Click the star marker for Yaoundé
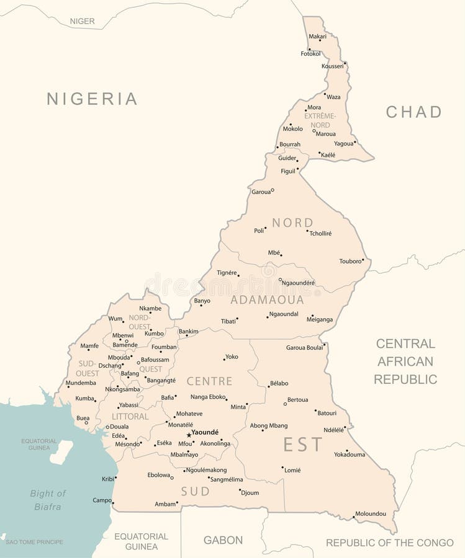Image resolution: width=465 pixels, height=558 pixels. tap(189, 435)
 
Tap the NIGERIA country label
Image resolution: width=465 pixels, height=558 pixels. tap(92, 99)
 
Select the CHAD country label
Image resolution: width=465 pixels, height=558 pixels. tap(413, 112)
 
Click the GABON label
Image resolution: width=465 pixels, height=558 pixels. tap(223, 540)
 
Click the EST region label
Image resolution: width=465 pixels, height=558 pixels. tap(303, 445)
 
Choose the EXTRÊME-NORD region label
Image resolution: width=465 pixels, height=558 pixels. tap(320, 120)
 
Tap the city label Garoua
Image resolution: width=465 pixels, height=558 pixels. tap(261, 192)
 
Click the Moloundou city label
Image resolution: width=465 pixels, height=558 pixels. tap(370, 513)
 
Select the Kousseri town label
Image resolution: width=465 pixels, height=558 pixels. tap(332, 66)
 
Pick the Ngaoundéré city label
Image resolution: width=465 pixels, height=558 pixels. tap(299, 283)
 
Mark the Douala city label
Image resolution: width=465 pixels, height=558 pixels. tap(119, 427)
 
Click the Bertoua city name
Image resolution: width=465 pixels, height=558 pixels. tap(297, 400)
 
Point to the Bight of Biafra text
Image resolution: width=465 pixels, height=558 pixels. tap(48, 500)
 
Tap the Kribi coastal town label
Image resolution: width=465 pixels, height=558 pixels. tap(108, 479)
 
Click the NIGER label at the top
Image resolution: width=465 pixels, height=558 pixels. tap(82, 21)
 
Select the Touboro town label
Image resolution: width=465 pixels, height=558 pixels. tap(350, 261)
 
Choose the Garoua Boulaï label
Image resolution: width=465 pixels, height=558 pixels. tap(304, 347)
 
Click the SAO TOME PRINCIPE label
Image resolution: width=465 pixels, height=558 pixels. tap(35, 542)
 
